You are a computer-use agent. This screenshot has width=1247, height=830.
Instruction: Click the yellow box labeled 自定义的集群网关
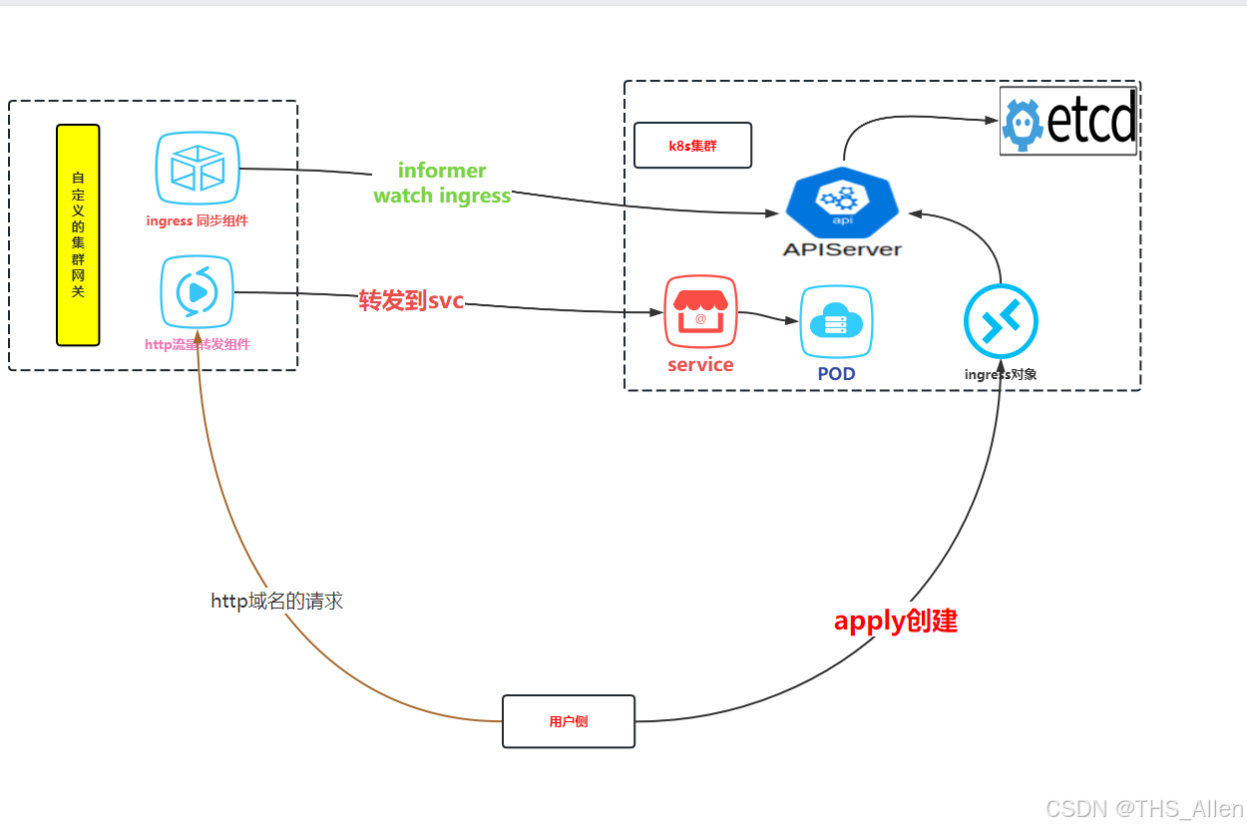78,234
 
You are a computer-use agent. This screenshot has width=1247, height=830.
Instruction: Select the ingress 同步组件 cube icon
198,169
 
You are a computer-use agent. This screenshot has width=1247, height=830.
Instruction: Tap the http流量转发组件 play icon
197,292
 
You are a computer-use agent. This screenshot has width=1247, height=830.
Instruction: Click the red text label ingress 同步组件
197,220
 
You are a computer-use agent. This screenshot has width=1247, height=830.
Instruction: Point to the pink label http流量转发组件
198,344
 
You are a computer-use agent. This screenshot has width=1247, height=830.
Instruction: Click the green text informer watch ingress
442,184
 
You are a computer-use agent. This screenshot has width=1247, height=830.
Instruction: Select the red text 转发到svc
411,299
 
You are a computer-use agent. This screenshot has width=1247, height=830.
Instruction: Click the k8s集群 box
692,146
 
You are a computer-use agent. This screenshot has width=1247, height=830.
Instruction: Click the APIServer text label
842,249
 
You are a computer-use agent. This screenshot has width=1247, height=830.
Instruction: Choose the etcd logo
1068,121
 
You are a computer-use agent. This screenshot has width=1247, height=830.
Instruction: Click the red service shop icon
700,311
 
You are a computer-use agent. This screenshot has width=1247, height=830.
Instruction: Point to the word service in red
700,365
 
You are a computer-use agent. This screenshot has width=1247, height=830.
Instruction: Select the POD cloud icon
836,322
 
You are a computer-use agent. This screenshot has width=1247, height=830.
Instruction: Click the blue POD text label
836,374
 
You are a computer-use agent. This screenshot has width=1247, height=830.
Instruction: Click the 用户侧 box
569,721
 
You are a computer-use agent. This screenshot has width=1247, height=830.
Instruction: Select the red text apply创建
895,621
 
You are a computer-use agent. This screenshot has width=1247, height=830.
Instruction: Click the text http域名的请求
277,602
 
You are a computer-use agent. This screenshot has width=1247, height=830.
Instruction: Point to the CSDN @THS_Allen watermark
1144,809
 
